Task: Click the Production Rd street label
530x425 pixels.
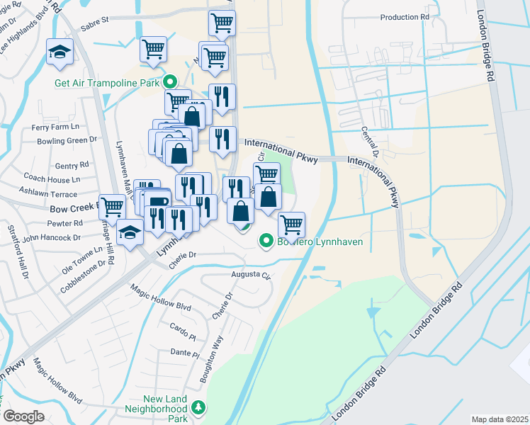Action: (405, 17)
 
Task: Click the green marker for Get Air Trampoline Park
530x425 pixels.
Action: (170, 81)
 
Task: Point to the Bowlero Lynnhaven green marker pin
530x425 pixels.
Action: (266, 242)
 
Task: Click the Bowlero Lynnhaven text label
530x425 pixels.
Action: (318, 242)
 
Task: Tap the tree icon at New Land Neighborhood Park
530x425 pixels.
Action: (200, 407)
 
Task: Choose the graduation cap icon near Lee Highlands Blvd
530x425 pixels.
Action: (60, 51)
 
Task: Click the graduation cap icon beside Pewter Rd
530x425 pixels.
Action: (130, 232)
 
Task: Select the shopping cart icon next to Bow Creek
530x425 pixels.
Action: (112, 206)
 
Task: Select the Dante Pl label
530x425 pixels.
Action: (182, 352)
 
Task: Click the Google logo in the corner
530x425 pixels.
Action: (23, 416)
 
